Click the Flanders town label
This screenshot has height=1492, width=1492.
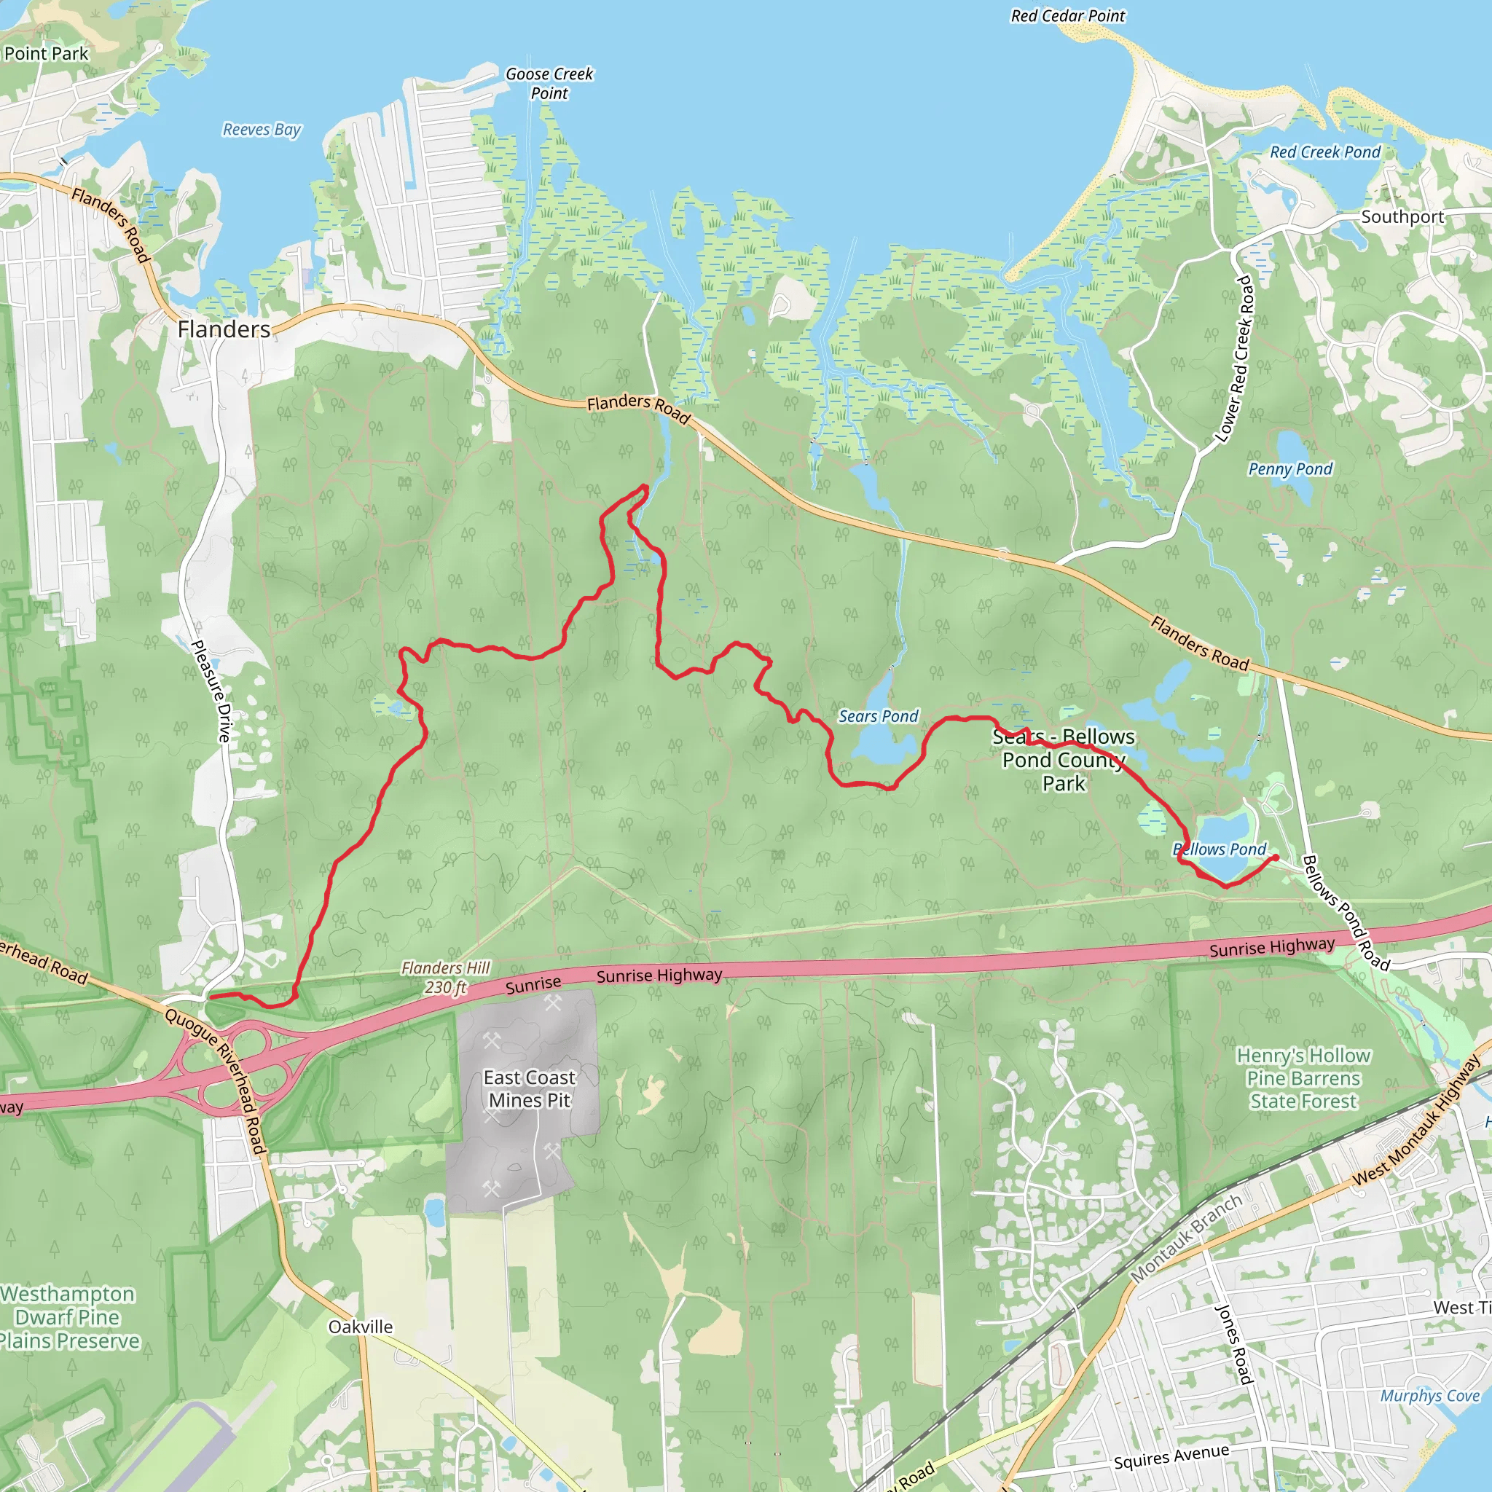(224, 330)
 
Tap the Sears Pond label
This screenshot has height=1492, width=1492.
(878, 717)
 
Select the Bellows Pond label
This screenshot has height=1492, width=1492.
(1220, 849)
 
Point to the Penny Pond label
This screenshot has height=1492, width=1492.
(1290, 468)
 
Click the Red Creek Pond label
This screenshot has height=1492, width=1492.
(1325, 152)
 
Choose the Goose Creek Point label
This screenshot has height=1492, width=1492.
(549, 83)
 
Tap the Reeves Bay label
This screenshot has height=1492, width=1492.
(262, 130)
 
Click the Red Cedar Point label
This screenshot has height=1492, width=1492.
(1068, 16)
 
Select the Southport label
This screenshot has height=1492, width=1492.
(1402, 217)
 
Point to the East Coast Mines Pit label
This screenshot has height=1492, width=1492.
(530, 1089)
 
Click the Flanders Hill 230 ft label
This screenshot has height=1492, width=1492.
(446, 977)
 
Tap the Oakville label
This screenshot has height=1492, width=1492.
(361, 1327)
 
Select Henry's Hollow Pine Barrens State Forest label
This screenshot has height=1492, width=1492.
(1303, 1078)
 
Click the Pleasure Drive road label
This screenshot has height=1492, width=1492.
(211, 691)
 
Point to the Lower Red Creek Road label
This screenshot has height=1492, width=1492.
(1234, 359)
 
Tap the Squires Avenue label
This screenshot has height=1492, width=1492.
(1171, 1456)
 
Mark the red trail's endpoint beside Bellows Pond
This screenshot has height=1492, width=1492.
(1275, 857)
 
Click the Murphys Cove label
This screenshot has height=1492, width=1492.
(1429, 1395)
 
